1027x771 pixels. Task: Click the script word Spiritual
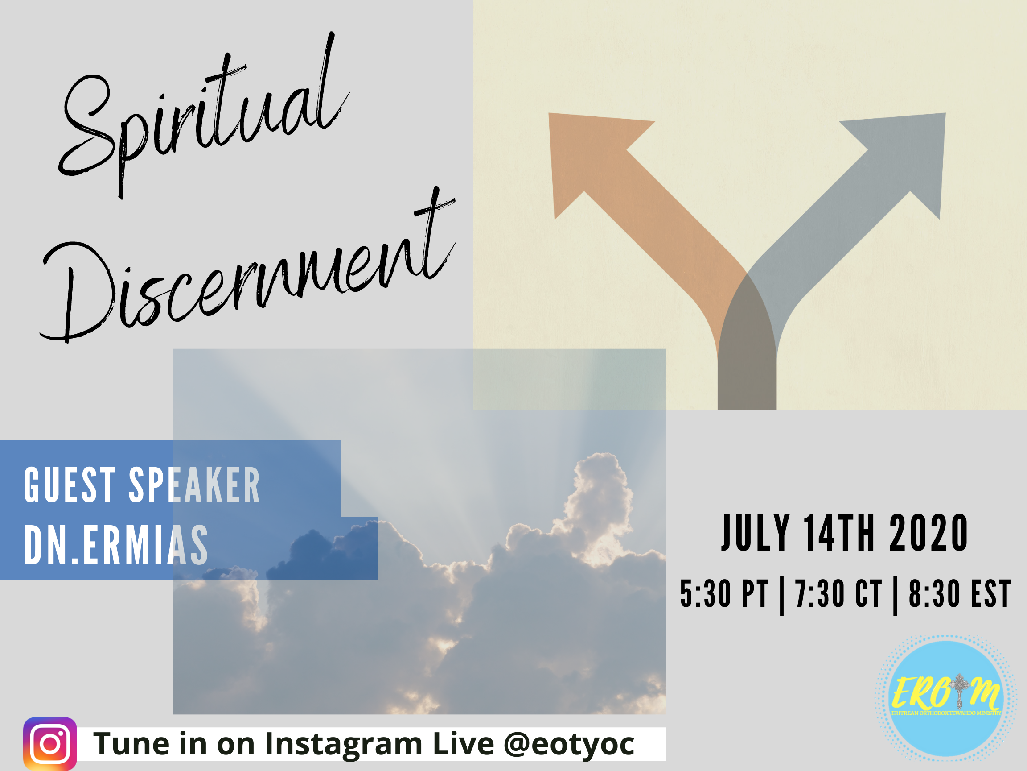tap(204, 116)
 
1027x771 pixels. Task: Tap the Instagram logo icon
tap(50, 744)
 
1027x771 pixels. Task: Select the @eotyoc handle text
tap(569, 745)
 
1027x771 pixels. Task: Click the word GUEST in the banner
tap(70, 485)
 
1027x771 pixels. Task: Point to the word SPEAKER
tap(194, 485)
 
